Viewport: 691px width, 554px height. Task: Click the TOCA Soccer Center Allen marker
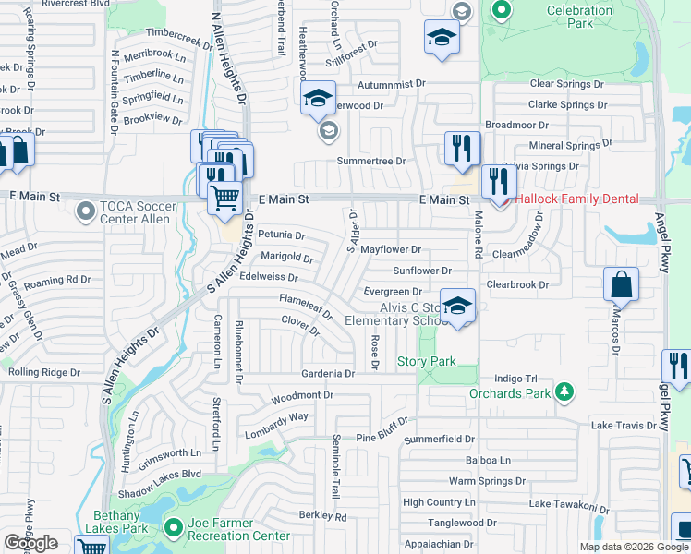pyautogui.click(x=86, y=213)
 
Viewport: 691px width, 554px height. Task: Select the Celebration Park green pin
pyautogui.click(x=502, y=11)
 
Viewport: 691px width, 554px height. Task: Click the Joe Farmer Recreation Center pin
pyautogui.click(x=173, y=527)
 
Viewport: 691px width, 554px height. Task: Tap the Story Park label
pyautogui.click(x=426, y=361)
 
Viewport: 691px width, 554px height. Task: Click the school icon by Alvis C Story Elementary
pyautogui.click(x=456, y=307)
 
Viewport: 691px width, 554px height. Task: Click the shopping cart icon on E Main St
pyautogui.click(x=224, y=197)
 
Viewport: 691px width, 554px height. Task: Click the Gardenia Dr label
pyautogui.click(x=328, y=374)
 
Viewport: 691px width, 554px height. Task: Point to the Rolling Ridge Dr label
pyautogui.click(x=42, y=372)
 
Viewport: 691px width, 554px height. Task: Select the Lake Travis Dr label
pyautogui.click(x=624, y=425)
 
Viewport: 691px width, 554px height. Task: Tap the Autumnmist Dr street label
pyautogui.click(x=393, y=83)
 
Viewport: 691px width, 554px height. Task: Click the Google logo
pyautogui.click(x=30, y=544)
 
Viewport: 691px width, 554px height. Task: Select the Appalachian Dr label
pyautogui.click(x=439, y=545)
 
